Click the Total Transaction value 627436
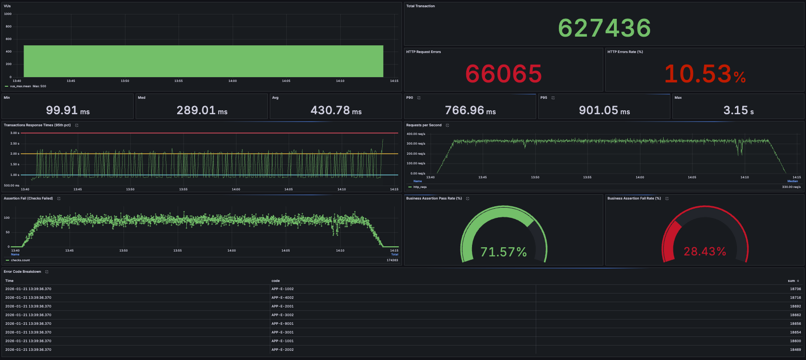(x=604, y=28)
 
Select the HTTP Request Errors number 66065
(x=503, y=74)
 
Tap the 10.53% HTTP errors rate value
(x=705, y=74)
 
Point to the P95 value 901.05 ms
(x=604, y=110)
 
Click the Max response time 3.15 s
(x=738, y=110)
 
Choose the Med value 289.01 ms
(x=202, y=110)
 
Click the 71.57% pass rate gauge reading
(x=503, y=252)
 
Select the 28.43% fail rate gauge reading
(x=705, y=251)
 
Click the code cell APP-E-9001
(x=282, y=324)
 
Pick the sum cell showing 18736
(x=795, y=289)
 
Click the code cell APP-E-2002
(x=282, y=350)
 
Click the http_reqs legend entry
(x=420, y=187)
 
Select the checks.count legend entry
(x=20, y=260)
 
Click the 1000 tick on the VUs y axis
(x=8, y=14)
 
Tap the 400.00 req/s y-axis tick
(x=416, y=134)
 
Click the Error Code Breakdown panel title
(x=23, y=272)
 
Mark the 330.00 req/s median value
(x=791, y=187)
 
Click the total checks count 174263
(x=392, y=260)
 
